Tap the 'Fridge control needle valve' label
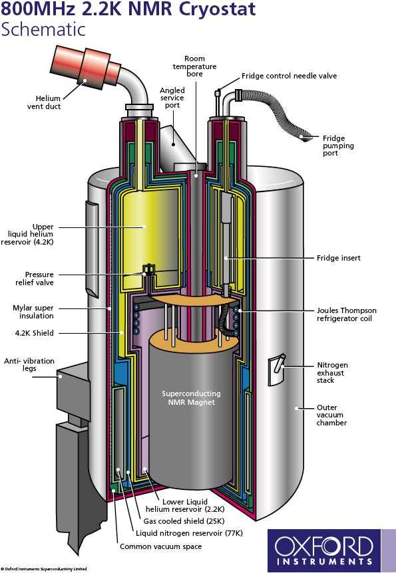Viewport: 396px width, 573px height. click(x=289, y=76)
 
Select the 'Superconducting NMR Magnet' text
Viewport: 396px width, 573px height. click(x=191, y=398)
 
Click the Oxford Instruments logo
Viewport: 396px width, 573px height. click(x=324, y=550)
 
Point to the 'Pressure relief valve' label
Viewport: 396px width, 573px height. click(x=35, y=279)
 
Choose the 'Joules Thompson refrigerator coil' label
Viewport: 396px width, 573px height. click(x=347, y=314)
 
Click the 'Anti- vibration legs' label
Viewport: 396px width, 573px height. click(x=29, y=365)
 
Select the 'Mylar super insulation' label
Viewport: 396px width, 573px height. click(x=33, y=312)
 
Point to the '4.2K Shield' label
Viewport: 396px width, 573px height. click(x=34, y=333)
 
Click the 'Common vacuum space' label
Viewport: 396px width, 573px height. click(x=160, y=546)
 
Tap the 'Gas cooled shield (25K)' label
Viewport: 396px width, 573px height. click(x=184, y=521)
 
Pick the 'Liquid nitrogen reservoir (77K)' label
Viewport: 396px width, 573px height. click(x=189, y=533)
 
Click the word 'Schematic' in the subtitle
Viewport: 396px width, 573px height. click(x=43, y=29)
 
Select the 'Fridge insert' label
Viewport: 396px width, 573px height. click(x=339, y=258)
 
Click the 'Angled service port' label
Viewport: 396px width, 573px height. click(x=172, y=98)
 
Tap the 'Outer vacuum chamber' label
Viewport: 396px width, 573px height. click(x=331, y=415)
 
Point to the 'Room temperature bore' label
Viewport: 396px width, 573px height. click(x=195, y=66)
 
